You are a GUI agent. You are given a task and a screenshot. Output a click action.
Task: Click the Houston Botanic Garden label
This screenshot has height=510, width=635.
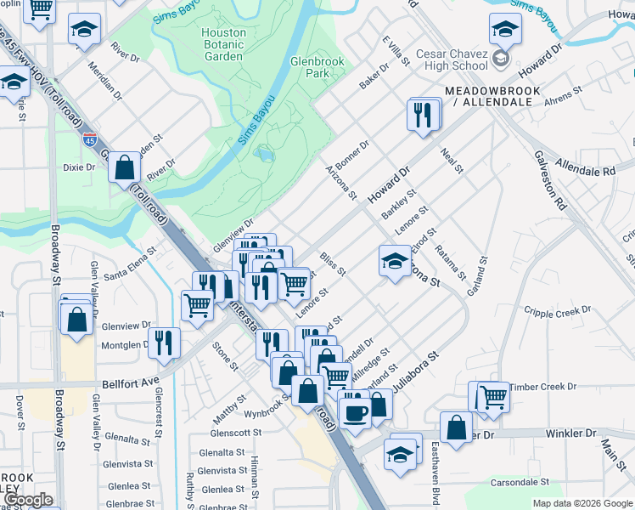pos(224,44)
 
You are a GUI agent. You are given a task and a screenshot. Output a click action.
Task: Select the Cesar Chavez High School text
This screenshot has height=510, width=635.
pos(452,59)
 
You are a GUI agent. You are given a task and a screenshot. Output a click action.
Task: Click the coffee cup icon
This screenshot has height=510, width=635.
pos(355,412)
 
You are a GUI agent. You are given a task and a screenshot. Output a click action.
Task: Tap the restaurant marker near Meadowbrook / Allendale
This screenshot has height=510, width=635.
pos(424,114)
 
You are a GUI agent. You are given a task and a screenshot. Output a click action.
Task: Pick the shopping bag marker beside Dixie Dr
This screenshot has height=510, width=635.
pos(124,168)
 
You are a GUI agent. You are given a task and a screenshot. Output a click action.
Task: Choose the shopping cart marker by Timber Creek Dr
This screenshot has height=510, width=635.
pos(492,397)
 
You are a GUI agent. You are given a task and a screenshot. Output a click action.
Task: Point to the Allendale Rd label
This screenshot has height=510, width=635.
pos(585,167)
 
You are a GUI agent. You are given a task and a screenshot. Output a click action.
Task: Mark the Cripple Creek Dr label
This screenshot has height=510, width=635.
pos(558,311)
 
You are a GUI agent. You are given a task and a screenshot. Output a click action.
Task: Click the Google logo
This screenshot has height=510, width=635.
pos(27,500)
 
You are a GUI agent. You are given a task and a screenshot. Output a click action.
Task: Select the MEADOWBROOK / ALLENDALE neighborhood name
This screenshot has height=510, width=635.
pos(487,95)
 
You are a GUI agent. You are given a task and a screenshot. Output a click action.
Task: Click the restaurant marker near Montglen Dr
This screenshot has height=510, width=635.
pos(164,342)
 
